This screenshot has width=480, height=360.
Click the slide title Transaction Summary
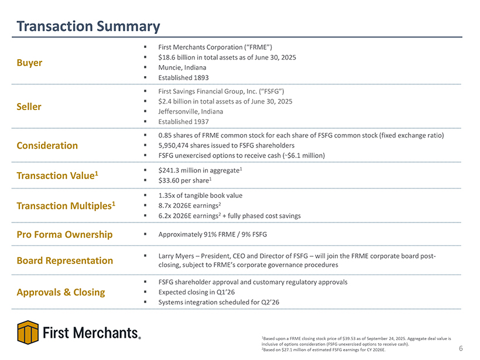[x=88, y=26]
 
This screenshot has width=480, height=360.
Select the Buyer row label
[x=30, y=63]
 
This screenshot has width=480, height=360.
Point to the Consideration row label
[x=47, y=145]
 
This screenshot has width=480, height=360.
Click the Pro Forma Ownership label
[x=65, y=234]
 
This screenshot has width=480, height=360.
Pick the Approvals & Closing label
[x=61, y=292]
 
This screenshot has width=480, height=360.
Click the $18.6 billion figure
[x=176, y=57]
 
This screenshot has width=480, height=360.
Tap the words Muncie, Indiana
[x=182, y=67]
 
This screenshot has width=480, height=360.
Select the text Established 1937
[x=183, y=121]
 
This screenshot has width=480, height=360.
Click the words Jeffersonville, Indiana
[x=190, y=111]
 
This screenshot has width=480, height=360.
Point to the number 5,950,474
[x=176, y=145]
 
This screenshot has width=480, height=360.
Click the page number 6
[x=461, y=349]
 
